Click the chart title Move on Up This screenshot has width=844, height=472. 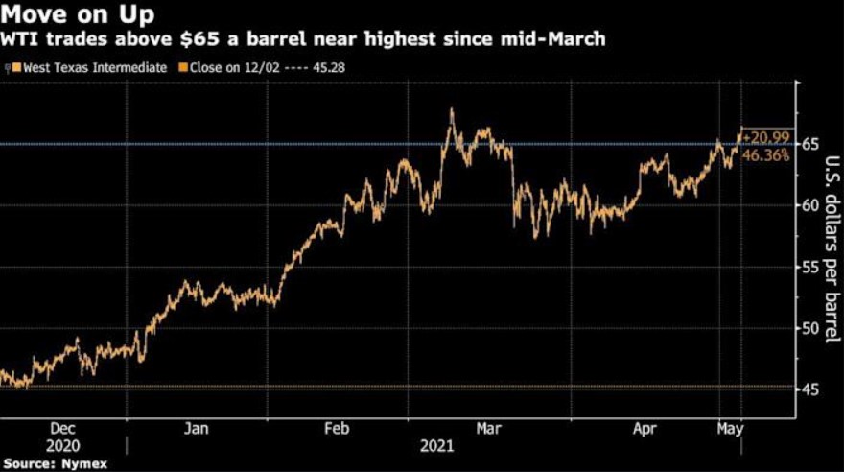[71, 15]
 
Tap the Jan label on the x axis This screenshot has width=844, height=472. [196, 430]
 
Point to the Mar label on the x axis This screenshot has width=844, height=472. [490, 430]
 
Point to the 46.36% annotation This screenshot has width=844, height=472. [766, 154]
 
